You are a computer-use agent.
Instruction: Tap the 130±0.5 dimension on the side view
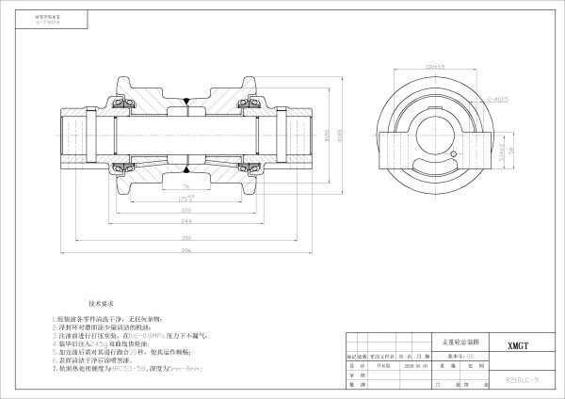pyautogui.click(x=435, y=67)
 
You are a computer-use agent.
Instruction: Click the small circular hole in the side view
pyautogui.click(x=453, y=156)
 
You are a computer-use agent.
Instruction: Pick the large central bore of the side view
pyautogui.click(x=439, y=129)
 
